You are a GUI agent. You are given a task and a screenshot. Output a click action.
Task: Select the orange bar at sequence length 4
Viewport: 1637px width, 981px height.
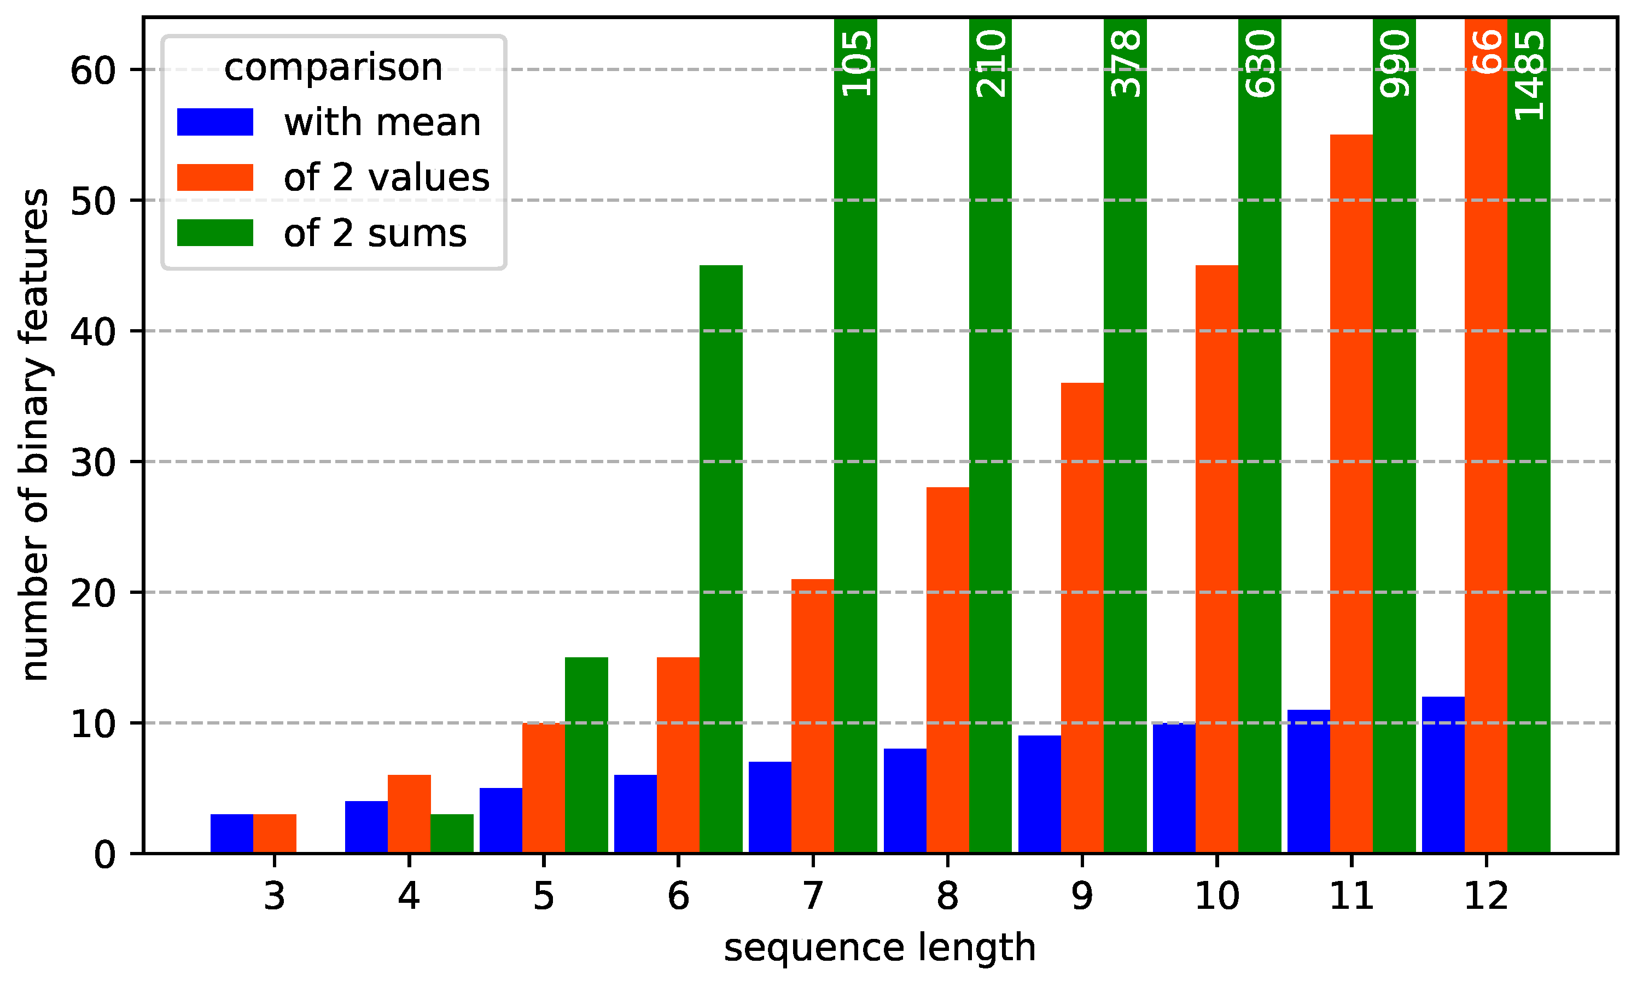click(x=409, y=814)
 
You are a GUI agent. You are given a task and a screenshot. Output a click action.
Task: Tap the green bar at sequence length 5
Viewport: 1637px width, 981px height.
click(x=586, y=756)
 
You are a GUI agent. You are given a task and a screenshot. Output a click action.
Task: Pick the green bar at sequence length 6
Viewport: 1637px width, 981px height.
click(x=721, y=559)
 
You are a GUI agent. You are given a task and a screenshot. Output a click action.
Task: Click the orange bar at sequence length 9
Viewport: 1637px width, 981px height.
click(x=1082, y=618)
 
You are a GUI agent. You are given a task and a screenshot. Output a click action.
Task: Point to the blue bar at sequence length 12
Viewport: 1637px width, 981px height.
click(x=1443, y=775)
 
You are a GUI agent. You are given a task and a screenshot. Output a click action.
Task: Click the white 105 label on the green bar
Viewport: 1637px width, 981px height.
click(x=856, y=63)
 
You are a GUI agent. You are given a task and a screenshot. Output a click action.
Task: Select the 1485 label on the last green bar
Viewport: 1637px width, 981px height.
click(x=1529, y=75)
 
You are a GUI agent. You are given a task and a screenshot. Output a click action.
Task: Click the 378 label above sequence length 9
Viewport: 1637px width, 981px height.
click(x=1125, y=63)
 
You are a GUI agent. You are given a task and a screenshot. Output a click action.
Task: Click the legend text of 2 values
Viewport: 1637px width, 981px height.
click(x=386, y=178)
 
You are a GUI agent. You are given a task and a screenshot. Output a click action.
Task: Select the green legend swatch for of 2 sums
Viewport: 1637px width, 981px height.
click(x=215, y=233)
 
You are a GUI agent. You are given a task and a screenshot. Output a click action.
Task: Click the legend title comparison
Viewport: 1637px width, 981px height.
click(x=333, y=67)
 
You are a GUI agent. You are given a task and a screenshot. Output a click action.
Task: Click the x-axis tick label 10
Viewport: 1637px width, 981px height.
click(x=1216, y=896)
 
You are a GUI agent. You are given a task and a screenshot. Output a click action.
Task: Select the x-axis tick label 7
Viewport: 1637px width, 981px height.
click(x=813, y=896)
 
